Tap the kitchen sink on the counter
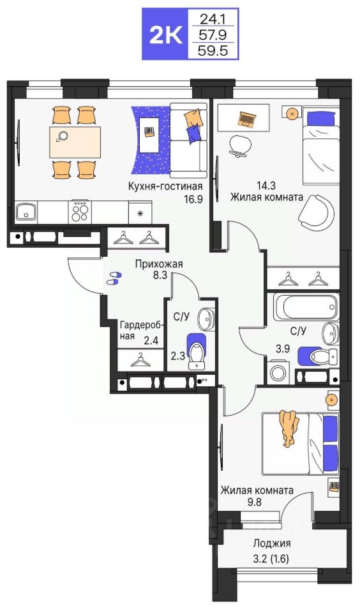pyautogui.click(x=26, y=212)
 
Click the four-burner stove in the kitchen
pyautogui.click(x=80, y=211)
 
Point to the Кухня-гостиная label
pyautogui.click(x=165, y=186)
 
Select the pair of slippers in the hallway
pyautogui.click(x=114, y=278)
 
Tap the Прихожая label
pyautogui.click(x=159, y=264)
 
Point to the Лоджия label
pyautogui.click(x=271, y=543)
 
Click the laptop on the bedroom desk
pyautogui.click(x=248, y=118)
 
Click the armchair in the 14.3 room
pyautogui.click(x=317, y=212)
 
